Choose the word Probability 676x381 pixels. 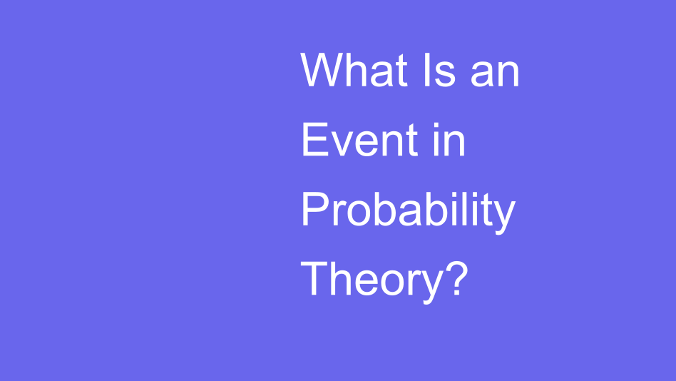[408, 210]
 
